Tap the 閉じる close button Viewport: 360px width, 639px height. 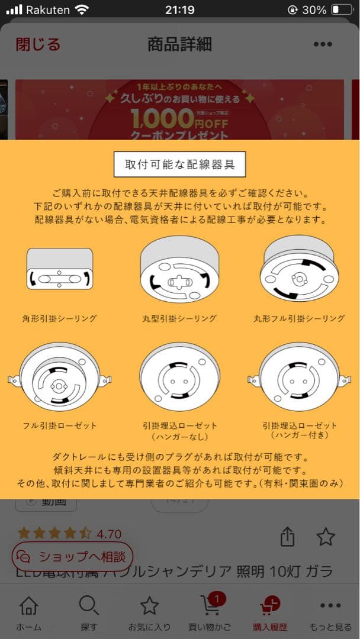[x=38, y=44]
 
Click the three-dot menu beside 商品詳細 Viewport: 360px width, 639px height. [x=323, y=44]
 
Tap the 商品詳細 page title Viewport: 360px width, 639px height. [x=179, y=44]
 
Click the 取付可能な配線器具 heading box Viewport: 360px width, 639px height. [x=179, y=164]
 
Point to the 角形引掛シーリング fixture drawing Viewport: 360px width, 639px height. [x=60, y=269]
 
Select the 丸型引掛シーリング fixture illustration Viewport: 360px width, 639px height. [x=179, y=269]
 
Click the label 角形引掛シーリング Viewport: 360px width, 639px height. [x=60, y=318]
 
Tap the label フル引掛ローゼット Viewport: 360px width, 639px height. [x=60, y=425]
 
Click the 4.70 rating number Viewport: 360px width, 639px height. [x=109, y=534]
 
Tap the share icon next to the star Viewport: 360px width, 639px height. [x=287, y=537]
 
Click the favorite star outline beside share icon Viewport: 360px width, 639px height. [x=326, y=537]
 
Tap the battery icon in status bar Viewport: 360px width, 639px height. [x=342, y=10]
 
